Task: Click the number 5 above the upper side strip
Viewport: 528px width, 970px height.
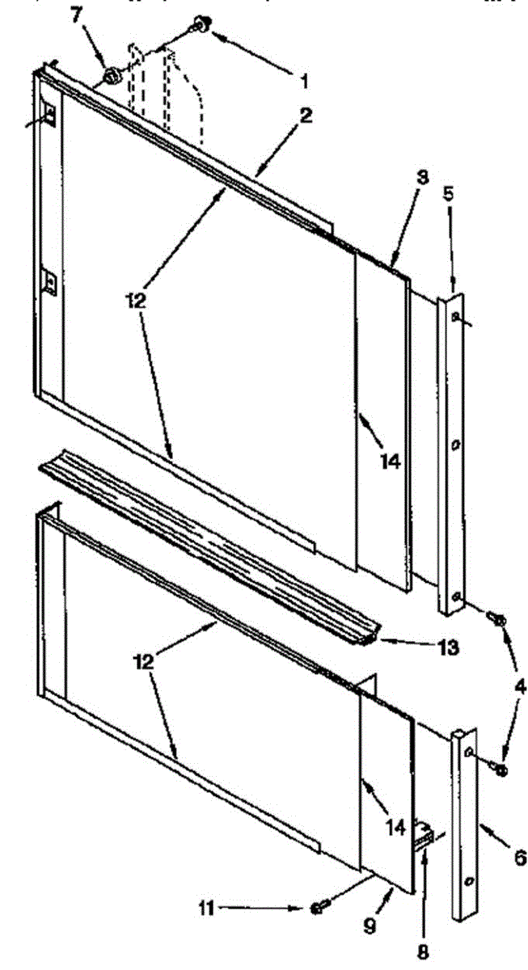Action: click(x=450, y=194)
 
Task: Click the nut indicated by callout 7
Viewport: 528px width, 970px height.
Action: click(x=111, y=78)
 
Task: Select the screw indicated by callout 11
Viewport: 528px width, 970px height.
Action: click(x=317, y=909)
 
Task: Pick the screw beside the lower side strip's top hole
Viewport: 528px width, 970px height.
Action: click(x=501, y=769)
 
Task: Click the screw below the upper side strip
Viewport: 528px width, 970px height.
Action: click(x=497, y=620)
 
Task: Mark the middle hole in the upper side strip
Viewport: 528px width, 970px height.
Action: click(x=456, y=444)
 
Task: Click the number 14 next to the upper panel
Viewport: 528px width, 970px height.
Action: click(x=390, y=462)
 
